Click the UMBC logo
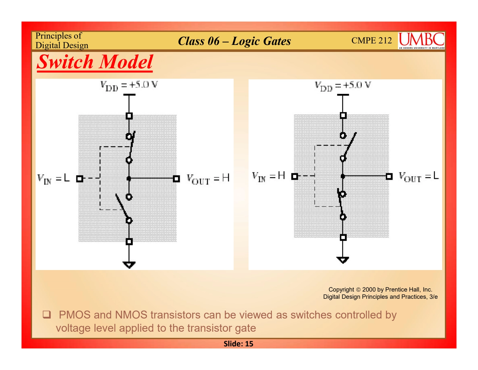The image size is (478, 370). [421, 40]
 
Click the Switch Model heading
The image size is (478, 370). [95, 62]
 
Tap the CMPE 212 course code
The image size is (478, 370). [371, 40]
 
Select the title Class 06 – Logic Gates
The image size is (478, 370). [234, 41]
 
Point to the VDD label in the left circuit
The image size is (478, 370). [129, 85]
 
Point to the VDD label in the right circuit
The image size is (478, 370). [343, 86]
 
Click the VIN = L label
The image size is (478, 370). [53, 178]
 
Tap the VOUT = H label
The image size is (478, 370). [208, 179]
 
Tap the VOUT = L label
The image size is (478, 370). [419, 176]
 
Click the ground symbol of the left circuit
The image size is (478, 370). [129, 264]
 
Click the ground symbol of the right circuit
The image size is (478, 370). [343, 259]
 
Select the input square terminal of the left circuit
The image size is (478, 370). [79, 179]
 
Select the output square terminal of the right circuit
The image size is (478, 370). [389, 176]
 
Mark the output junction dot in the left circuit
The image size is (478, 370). [129, 179]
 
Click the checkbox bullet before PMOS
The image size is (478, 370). [47, 314]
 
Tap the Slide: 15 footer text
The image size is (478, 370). [238, 344]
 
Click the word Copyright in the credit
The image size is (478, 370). [341, 289]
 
